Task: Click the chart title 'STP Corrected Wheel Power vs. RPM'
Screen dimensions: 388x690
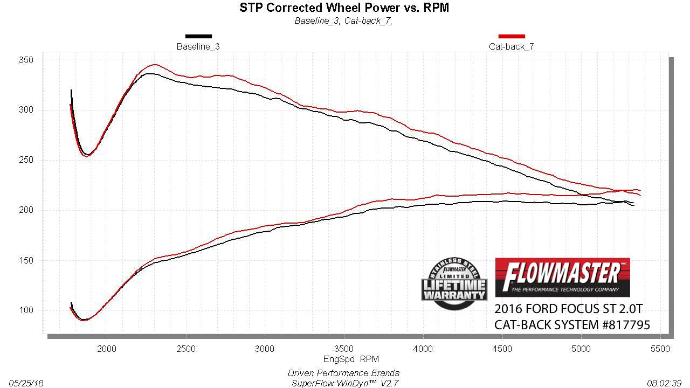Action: (x=344, y=8)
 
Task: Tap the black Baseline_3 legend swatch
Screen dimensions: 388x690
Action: (x=198, y=36)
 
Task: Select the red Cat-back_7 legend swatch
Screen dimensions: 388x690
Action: (x=512, y=36)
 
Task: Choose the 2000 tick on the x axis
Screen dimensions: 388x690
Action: (x=107, y=349)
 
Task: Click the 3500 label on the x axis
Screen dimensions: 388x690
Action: (x=344, y=349)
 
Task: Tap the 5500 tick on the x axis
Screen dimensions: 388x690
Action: (x=660, y=349)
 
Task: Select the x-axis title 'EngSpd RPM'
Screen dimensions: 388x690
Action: (x=344, y=359)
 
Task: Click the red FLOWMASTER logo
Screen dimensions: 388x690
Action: (x=562, y=277)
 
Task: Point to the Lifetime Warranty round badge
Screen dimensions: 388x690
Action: (x=454, y=283)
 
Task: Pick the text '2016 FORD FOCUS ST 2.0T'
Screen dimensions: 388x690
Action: (x=568, y=309)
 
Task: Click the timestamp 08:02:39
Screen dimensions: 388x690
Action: (x=665, y=383)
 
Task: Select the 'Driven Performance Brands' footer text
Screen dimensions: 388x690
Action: (x=343, y=373)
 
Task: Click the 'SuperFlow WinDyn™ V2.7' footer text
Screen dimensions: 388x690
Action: (x=343, y=383)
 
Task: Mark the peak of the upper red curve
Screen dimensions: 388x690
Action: (x=155, y=65)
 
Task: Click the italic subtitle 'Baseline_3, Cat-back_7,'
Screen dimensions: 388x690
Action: (x=343, y=21)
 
